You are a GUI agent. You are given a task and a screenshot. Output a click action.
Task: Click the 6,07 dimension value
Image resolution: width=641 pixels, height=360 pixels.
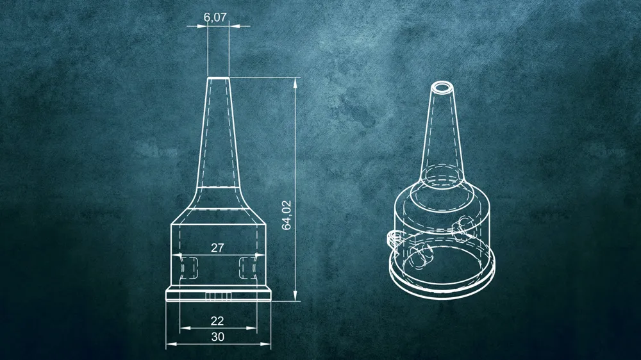[x=215, y=17]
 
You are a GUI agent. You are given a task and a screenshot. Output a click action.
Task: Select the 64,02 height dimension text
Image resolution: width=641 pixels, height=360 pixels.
[x=287, y=215]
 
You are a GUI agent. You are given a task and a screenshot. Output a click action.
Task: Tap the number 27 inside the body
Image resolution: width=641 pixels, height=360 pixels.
[x=217, y=248]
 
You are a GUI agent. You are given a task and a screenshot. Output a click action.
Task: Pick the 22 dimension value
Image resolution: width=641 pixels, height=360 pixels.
[x=217, y=321]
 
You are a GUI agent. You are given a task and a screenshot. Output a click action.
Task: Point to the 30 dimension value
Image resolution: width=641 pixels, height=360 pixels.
[x=217, y=337]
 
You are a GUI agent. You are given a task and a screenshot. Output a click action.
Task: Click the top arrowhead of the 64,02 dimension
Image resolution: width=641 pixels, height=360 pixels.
[x=295, y=82]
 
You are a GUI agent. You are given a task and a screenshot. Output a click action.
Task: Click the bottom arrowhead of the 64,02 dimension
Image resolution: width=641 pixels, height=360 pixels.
[x=295, y=296]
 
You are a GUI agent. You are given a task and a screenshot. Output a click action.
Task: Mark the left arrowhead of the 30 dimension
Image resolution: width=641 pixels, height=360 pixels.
[x=171, y=344]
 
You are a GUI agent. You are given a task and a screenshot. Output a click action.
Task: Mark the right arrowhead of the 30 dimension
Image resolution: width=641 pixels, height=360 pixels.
[x=265, y=344]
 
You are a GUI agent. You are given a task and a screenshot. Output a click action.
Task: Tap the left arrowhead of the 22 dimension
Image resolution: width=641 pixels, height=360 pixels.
[x=185, y=328]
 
